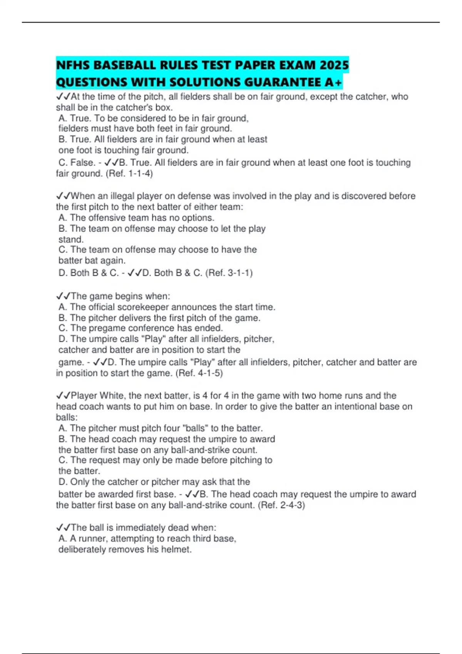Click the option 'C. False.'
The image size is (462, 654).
pos(77,163)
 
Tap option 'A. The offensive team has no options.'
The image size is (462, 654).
pos(136,218)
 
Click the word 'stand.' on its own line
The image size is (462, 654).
pos(71,239)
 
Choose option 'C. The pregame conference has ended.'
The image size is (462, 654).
pos(141,328)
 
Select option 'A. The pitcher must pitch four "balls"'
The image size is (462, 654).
pos(160,428)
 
